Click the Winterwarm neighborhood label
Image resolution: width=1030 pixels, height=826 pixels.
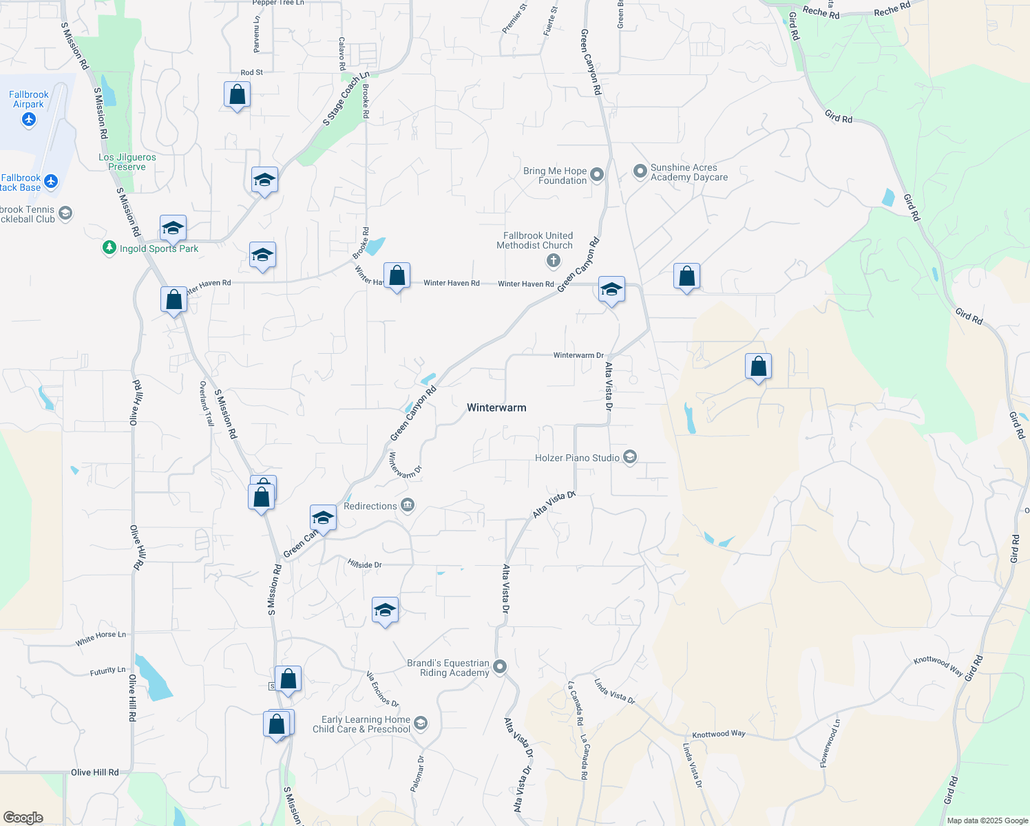496,407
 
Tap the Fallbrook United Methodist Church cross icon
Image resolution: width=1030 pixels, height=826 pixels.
554,261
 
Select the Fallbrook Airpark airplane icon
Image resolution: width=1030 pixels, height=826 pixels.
28,120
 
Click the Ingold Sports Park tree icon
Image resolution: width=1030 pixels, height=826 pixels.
109,248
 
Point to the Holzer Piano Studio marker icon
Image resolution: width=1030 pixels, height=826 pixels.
630,457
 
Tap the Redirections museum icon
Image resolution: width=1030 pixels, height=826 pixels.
408,506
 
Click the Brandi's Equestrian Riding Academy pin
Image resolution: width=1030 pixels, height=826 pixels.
501,666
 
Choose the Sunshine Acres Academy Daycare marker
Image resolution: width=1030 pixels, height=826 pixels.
640,170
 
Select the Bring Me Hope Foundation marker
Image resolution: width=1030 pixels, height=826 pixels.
597,175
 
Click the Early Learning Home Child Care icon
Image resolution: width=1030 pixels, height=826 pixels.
421,723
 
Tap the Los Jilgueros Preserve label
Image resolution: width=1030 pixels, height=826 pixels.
127,162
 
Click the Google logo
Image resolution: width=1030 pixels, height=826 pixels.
23,818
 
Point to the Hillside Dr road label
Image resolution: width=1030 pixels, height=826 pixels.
365,564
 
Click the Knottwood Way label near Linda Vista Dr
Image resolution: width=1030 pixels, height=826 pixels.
719,734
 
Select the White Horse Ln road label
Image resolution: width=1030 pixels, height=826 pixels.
101,639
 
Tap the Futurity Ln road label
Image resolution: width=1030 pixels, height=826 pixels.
108,671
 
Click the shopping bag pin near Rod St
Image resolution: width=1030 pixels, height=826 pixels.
237,94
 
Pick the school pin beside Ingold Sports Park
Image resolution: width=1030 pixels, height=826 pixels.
173,227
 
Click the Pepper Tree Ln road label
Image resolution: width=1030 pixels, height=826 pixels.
278,3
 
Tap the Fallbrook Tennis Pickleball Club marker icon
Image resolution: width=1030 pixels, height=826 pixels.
65,213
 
